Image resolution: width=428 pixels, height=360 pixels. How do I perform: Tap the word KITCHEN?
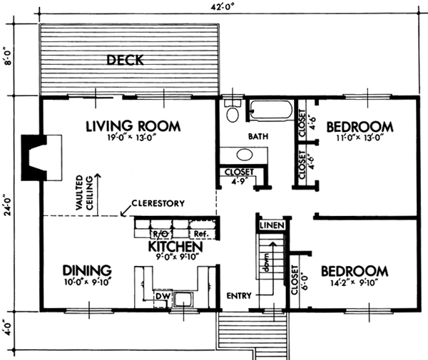click(176, 247)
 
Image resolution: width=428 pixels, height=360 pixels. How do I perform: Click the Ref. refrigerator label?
click(201, 232)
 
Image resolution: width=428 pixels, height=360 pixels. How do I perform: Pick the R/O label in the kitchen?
click(159, 232)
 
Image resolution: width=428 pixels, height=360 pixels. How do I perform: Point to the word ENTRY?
click(237, 295)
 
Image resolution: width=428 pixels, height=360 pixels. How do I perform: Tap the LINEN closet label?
click(272, 225)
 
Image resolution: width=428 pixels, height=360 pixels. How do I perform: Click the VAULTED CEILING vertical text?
click(86, 188)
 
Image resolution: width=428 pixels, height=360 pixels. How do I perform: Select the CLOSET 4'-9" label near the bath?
click(237, 175)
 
